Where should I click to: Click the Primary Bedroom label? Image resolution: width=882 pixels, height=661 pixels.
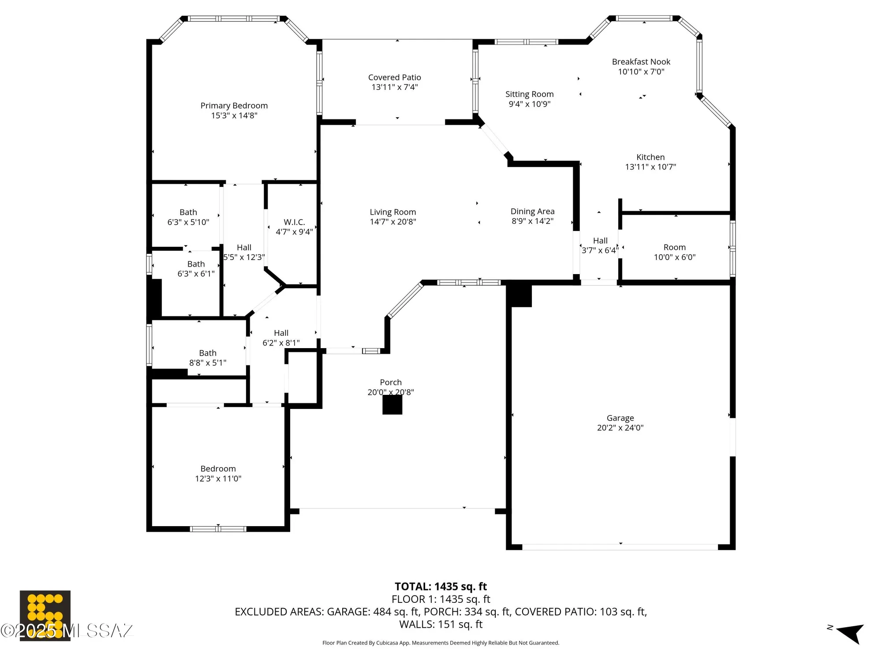point(234,106)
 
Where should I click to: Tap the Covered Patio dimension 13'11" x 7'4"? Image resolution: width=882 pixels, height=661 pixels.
point(394,87)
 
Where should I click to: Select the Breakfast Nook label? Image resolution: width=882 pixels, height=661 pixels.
point(641,62)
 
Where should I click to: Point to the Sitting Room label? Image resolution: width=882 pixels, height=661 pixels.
point(529,94)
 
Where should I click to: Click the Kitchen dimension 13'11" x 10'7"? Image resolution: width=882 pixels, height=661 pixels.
point(650,167)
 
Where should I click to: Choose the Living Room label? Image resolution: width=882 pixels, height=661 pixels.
point(392,212)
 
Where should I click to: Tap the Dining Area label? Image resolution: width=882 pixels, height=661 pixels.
point(532,212)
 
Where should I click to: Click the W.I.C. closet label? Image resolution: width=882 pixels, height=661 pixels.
point(294,222)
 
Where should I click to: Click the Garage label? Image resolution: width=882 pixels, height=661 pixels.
point(620,418)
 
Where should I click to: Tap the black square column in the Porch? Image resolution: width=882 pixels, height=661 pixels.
point(392,405)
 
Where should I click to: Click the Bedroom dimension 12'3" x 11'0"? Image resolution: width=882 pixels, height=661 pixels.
point(218,479)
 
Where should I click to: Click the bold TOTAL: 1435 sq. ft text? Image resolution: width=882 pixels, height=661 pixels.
point(441,587)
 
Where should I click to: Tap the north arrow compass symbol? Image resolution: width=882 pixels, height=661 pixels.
point(849,633)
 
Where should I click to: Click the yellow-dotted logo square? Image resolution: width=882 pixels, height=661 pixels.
point(45,615)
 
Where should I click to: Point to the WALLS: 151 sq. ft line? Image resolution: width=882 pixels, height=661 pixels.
point(441,624)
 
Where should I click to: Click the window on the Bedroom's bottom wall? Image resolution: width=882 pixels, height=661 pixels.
point(218,529)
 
